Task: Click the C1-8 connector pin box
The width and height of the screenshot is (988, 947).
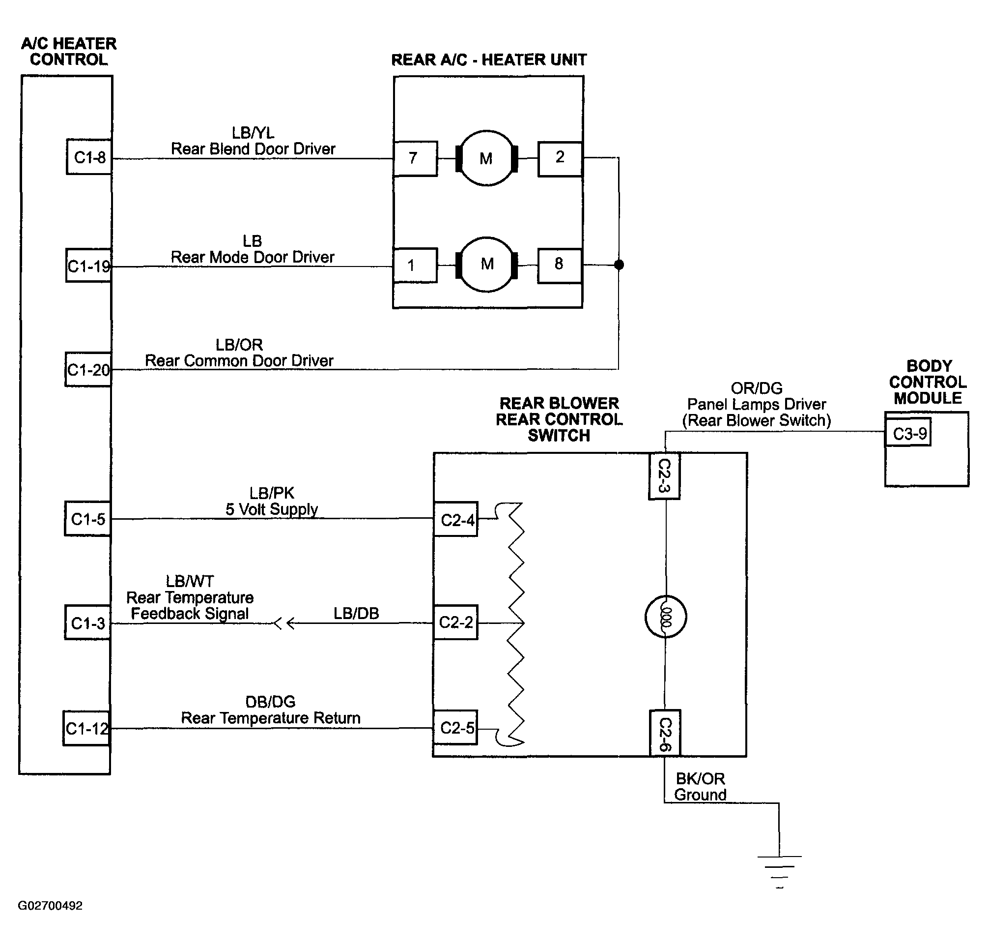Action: (89, 157)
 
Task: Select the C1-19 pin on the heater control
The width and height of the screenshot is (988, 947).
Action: (88, 266)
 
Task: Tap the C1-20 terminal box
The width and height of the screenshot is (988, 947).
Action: (88, 370)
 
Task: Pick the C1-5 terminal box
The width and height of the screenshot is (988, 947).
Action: (88, 519)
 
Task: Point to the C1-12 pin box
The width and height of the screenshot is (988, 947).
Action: (86, 728)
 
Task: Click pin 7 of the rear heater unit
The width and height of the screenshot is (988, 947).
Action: (415, 158)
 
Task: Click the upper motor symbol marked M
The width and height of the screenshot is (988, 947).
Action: (486, 158)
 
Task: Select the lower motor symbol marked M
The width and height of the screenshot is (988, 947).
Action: (487, 265)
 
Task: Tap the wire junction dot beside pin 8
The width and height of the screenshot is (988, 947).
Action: (619, 265)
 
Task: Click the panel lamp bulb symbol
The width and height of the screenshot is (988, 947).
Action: (665, 617)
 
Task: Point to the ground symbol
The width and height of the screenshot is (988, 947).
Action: (779, 872)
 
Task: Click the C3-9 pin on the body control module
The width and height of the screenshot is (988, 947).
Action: (908, 433)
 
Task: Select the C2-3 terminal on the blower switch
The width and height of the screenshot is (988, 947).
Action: (664, 476)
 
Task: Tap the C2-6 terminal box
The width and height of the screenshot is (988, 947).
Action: (665, 734)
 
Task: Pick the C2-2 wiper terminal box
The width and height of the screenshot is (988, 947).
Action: (456, 622)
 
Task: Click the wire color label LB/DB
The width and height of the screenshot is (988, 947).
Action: (356, 613)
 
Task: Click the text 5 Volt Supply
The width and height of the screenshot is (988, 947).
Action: (272, 509)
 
